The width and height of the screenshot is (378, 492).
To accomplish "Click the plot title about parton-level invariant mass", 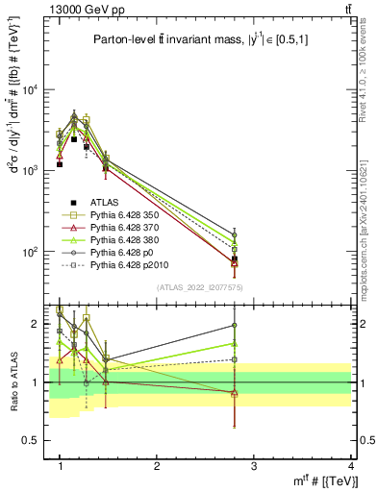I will (x=200, y=39).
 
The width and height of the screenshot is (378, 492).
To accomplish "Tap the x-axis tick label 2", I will (x=157, y=465).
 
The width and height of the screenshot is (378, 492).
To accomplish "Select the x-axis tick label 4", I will (x=351, y=465).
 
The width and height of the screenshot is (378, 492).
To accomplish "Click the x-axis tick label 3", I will (x=254, y=465).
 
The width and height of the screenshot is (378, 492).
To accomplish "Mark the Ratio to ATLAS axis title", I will (x=13, y=381).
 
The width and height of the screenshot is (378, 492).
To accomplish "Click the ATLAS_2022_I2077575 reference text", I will (x=200, y=287).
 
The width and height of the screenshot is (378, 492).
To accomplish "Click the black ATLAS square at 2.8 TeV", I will (x=235, y=258).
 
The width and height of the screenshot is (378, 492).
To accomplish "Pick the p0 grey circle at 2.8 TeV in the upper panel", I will (x=235, y=234).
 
